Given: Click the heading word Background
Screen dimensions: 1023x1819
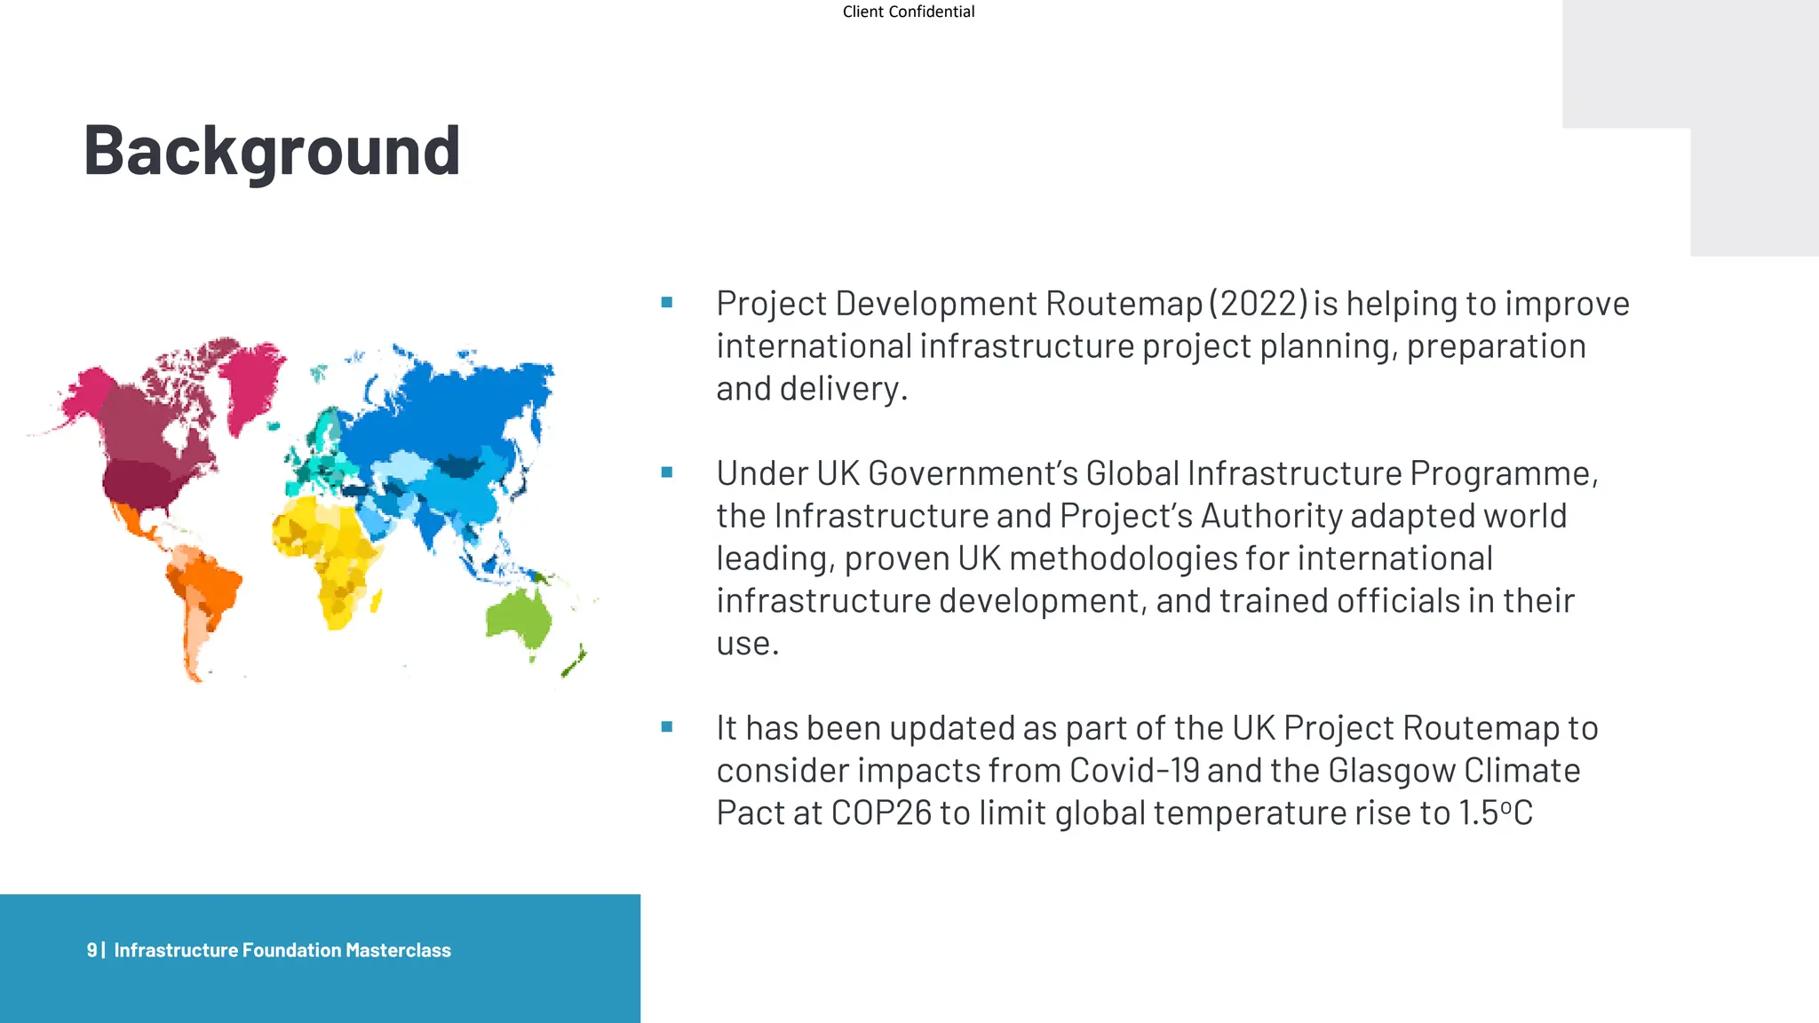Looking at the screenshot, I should coord(272,151).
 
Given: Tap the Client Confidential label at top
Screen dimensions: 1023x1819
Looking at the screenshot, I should coord(908,12).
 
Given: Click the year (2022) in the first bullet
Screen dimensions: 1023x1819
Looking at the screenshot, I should coord(1258,304).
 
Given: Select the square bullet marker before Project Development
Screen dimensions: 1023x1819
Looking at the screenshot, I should coord(667,303).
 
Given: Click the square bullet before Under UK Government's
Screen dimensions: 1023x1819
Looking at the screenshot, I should coord(667,472).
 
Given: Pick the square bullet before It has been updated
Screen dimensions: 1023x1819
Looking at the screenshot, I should coord(667,727).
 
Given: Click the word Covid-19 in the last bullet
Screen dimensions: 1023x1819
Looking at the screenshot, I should coord(1134,771).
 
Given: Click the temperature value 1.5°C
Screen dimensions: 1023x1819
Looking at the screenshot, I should coord(1496,813).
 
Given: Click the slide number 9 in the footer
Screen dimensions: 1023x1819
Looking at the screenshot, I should coord(91,950).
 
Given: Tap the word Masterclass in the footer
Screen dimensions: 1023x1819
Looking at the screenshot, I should coord(398,950).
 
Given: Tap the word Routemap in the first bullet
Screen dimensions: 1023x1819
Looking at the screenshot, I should coord(1124,304).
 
